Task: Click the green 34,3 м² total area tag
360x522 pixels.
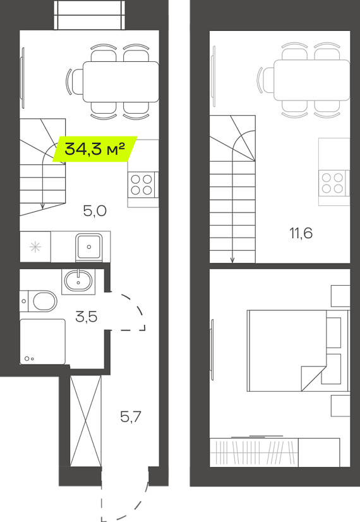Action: coord(95,149)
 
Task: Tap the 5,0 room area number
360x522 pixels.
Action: coord(95,210)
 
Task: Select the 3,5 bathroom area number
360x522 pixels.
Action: coord(86,317)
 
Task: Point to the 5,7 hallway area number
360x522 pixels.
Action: coord(131,416)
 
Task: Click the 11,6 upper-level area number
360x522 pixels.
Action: coord(301,233)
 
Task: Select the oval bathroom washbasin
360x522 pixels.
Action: coord(78,281)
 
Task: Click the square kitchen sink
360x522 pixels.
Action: coord(89,246)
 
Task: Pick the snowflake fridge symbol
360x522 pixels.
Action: coord(35,247)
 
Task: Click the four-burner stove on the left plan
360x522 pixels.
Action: coord(141,185)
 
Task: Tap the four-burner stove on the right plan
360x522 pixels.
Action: coord(332,183)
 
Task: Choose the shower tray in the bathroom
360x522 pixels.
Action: coord(42,341)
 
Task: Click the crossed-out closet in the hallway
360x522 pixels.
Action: coord(85,421)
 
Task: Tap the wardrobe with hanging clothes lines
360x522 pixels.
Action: coord(254,452)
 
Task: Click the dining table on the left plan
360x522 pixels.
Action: coord(121,82)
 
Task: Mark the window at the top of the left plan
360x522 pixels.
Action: coord(90,15)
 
